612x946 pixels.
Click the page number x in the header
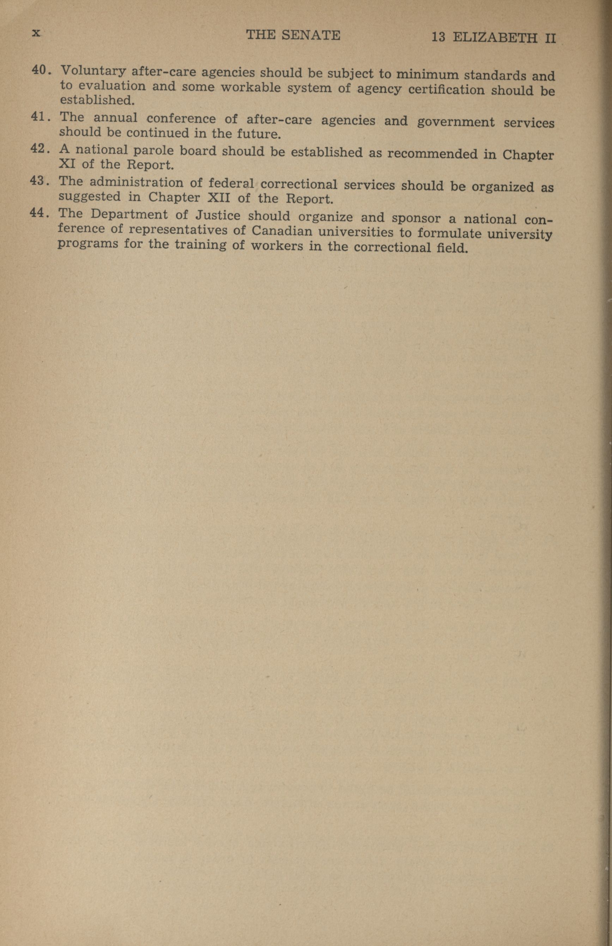pos(36,34)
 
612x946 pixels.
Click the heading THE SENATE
pos(293,35)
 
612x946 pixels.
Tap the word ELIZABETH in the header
pos(495,38)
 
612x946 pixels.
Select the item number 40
pos(40,70)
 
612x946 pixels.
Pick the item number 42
pos(39,148)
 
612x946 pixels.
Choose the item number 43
pos(38,181)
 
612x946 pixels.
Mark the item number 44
pos(38,213)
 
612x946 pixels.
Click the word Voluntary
pos(93,72)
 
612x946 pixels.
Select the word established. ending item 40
pos(97,100)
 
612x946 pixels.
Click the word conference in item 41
pos(181,119)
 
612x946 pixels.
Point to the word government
pos(455,122)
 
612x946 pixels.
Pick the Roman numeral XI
pos(67,163)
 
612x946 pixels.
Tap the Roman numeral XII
pos(219,198)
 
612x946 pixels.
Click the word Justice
pos(217,216)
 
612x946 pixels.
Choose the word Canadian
pos(282,231)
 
